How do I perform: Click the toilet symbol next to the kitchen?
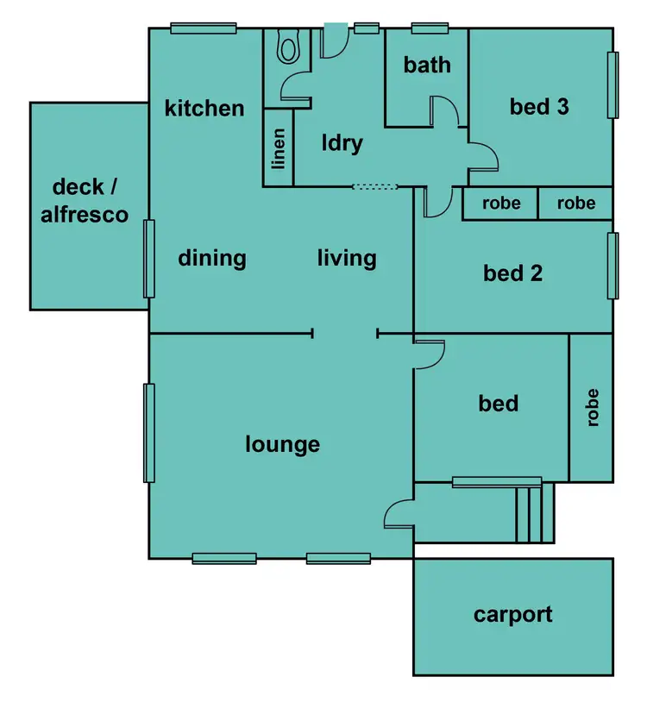[x=288, y=47]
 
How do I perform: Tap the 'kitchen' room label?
[x=204, y=109]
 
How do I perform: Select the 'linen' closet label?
[x=279, y=148]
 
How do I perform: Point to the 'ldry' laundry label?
[x=342, y=143]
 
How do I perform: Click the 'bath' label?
[x=427, y=65]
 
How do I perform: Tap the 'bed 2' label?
[x=512, y=273]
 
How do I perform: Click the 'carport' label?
[x=512, y=615]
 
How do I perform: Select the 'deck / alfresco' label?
[x=90, y=201]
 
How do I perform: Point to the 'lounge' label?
[x=282, y=444]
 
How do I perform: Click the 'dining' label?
[x=212, y=258]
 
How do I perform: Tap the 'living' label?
[x=347, y=258]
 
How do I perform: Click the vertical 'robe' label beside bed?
[x=592, y=407]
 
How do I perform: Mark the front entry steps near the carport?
[x=534, y=512]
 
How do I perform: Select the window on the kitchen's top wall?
[x=204, y=28]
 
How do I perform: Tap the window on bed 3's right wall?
[x=613, y=85]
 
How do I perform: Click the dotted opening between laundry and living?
[x=375, y=186]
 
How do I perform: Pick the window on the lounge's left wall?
[x=149, y=433]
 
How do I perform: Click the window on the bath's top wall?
[x=429, y=28]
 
